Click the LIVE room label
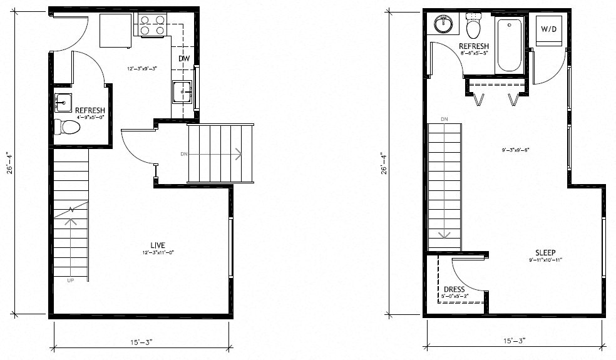[157, 244]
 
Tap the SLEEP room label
[545, 252]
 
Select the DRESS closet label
[454, 289]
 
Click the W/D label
[548, 29]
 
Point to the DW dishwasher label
[183, 59]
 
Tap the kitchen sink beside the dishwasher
[182, 92]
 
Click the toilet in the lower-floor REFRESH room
[67, 127]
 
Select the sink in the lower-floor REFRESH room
[63, 101]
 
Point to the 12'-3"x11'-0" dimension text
[157, 252]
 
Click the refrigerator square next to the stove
[115, 30]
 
